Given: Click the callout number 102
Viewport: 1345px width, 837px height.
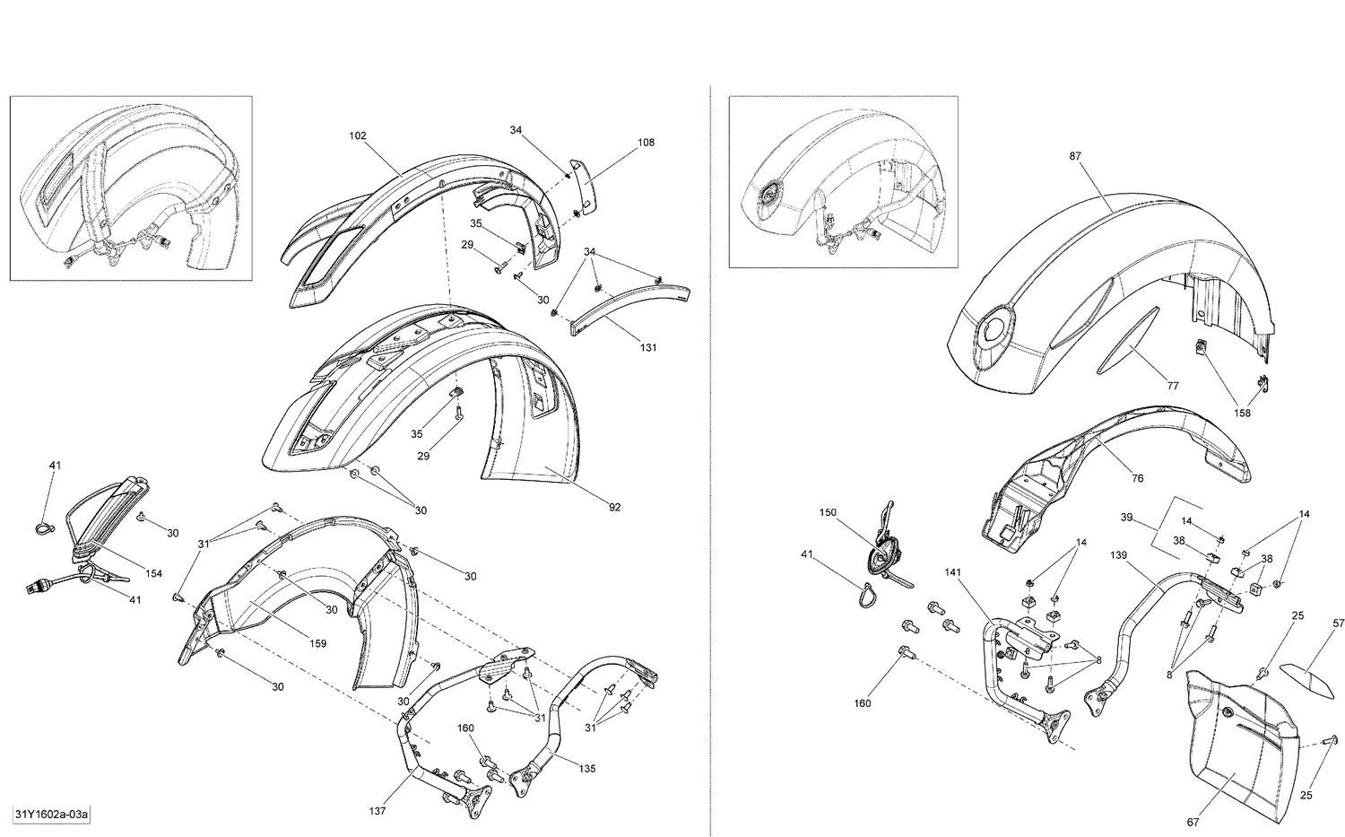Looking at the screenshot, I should (358, 135).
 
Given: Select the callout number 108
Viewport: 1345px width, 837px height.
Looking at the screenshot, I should (646, 142).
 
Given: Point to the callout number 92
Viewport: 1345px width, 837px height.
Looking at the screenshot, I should (614, 507).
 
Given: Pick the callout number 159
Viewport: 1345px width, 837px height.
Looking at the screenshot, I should (317, 642).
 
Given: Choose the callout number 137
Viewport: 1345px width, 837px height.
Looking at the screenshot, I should (377, 811).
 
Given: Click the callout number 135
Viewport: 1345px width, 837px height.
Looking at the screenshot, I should (586, 768).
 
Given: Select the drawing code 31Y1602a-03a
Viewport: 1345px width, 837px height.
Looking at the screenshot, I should (51, 815).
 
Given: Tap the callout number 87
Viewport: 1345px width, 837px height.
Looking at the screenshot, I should (1075, 155).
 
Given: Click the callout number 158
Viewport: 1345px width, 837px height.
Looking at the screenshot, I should (1242, 414).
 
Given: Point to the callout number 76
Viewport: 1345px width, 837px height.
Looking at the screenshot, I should (1137, 478).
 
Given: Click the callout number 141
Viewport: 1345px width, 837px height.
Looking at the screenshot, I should (951, 571).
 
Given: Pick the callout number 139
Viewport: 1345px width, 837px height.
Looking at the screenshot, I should (1118, 555).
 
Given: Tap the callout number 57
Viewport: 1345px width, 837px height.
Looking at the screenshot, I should (1338, 623).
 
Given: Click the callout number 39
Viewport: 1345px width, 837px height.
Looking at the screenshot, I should (1127, 518).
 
